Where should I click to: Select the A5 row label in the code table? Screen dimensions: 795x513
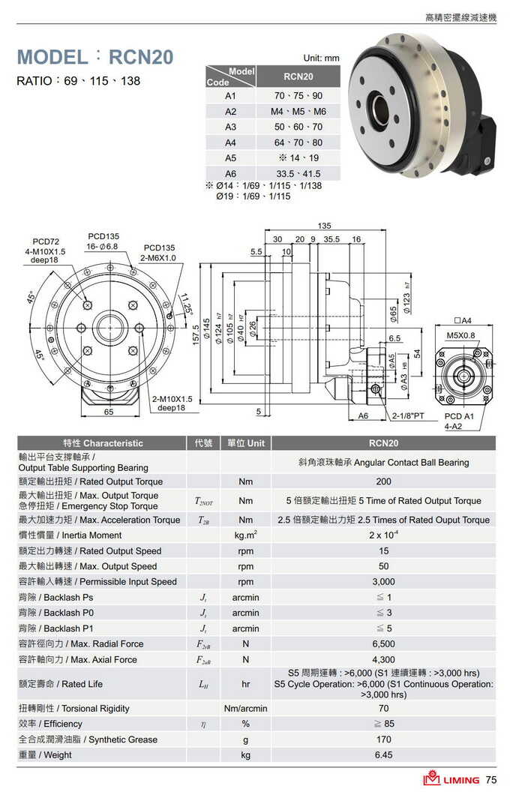pyautogui.click(x=230, y=158)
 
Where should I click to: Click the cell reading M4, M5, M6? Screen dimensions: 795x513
pyautogui.click(x=298, y=112)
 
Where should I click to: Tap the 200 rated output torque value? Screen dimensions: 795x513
pyautogui.click(x=383, y=481)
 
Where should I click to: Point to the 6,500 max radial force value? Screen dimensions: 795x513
pyautogui.click(x=383, y=644)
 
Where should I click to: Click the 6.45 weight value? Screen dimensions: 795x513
pyautogui.click(x=383, y=755)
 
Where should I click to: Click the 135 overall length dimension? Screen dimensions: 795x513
pyautogui.click(x=325, y=226)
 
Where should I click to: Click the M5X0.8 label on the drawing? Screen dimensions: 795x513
pyautogui.click(x=460, y=334)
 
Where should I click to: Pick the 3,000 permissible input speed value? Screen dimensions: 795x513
pyautogui.click(x=383, y=582)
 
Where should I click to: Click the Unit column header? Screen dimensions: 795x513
pyautogui.click(x=245, y=443)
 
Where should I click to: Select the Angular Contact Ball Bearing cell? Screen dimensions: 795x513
pyautogui.click(x=383, y=463)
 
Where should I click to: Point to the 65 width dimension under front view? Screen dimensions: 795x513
pyautogui.click(x=108, y=412)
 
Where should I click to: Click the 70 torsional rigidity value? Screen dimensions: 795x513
pyautogui.click(x=383, y=709)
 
